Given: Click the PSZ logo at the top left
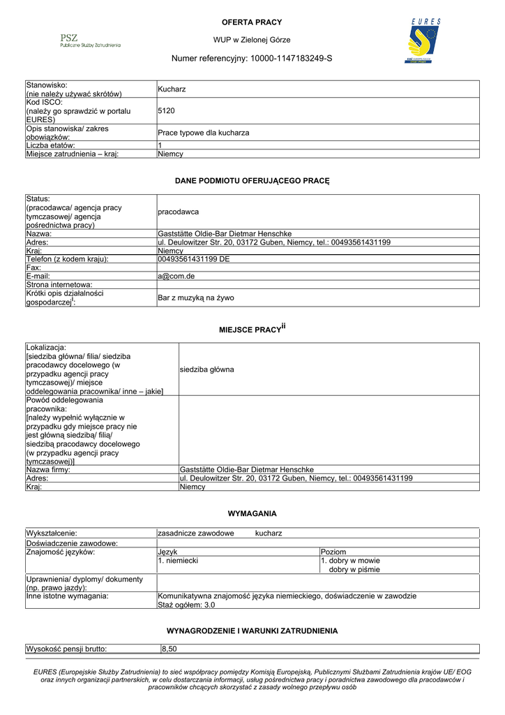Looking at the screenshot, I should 89,40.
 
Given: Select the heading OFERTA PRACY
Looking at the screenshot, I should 252,22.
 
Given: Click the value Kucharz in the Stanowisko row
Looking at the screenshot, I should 172,89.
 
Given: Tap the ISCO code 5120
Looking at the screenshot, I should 167,110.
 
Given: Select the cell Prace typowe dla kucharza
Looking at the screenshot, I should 204,133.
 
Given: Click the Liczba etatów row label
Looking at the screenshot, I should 56,145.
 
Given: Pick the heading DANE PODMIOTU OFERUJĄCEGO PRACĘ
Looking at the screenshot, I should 252,181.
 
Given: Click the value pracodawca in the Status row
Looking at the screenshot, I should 179,212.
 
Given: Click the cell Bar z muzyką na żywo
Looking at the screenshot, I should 196,298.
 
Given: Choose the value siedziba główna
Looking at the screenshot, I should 206,369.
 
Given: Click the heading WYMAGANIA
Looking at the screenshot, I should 252,513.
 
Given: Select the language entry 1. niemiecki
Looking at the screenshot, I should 179,561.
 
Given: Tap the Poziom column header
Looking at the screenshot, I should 333,552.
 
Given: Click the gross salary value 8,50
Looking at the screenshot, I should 169,649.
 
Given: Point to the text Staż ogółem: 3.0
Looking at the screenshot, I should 187,605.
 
